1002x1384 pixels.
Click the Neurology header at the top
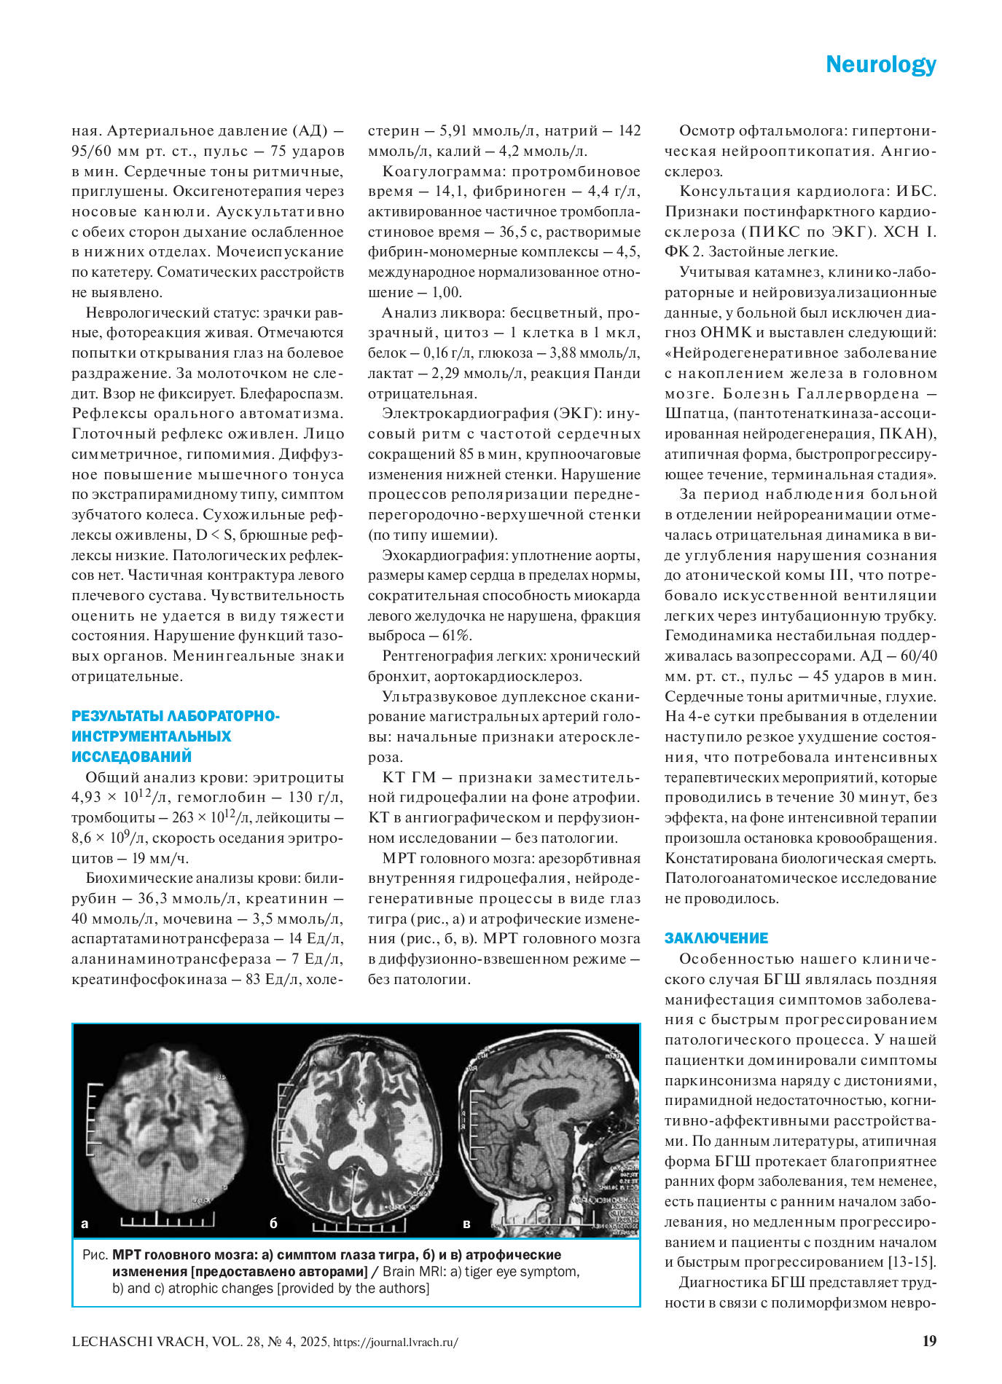[880, 65]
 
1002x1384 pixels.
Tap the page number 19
[929, 1341]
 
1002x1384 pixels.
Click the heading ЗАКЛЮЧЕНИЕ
[716, 938]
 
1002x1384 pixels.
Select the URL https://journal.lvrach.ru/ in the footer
[395, 1342]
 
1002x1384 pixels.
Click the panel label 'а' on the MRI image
[85, 1224]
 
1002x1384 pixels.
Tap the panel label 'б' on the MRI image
[273, 1224]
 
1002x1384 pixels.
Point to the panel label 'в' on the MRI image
[466, 1224]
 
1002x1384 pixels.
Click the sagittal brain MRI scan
[548, 1129]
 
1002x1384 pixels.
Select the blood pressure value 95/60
[94, 152]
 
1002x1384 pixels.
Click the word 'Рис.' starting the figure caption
[95, 1255]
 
